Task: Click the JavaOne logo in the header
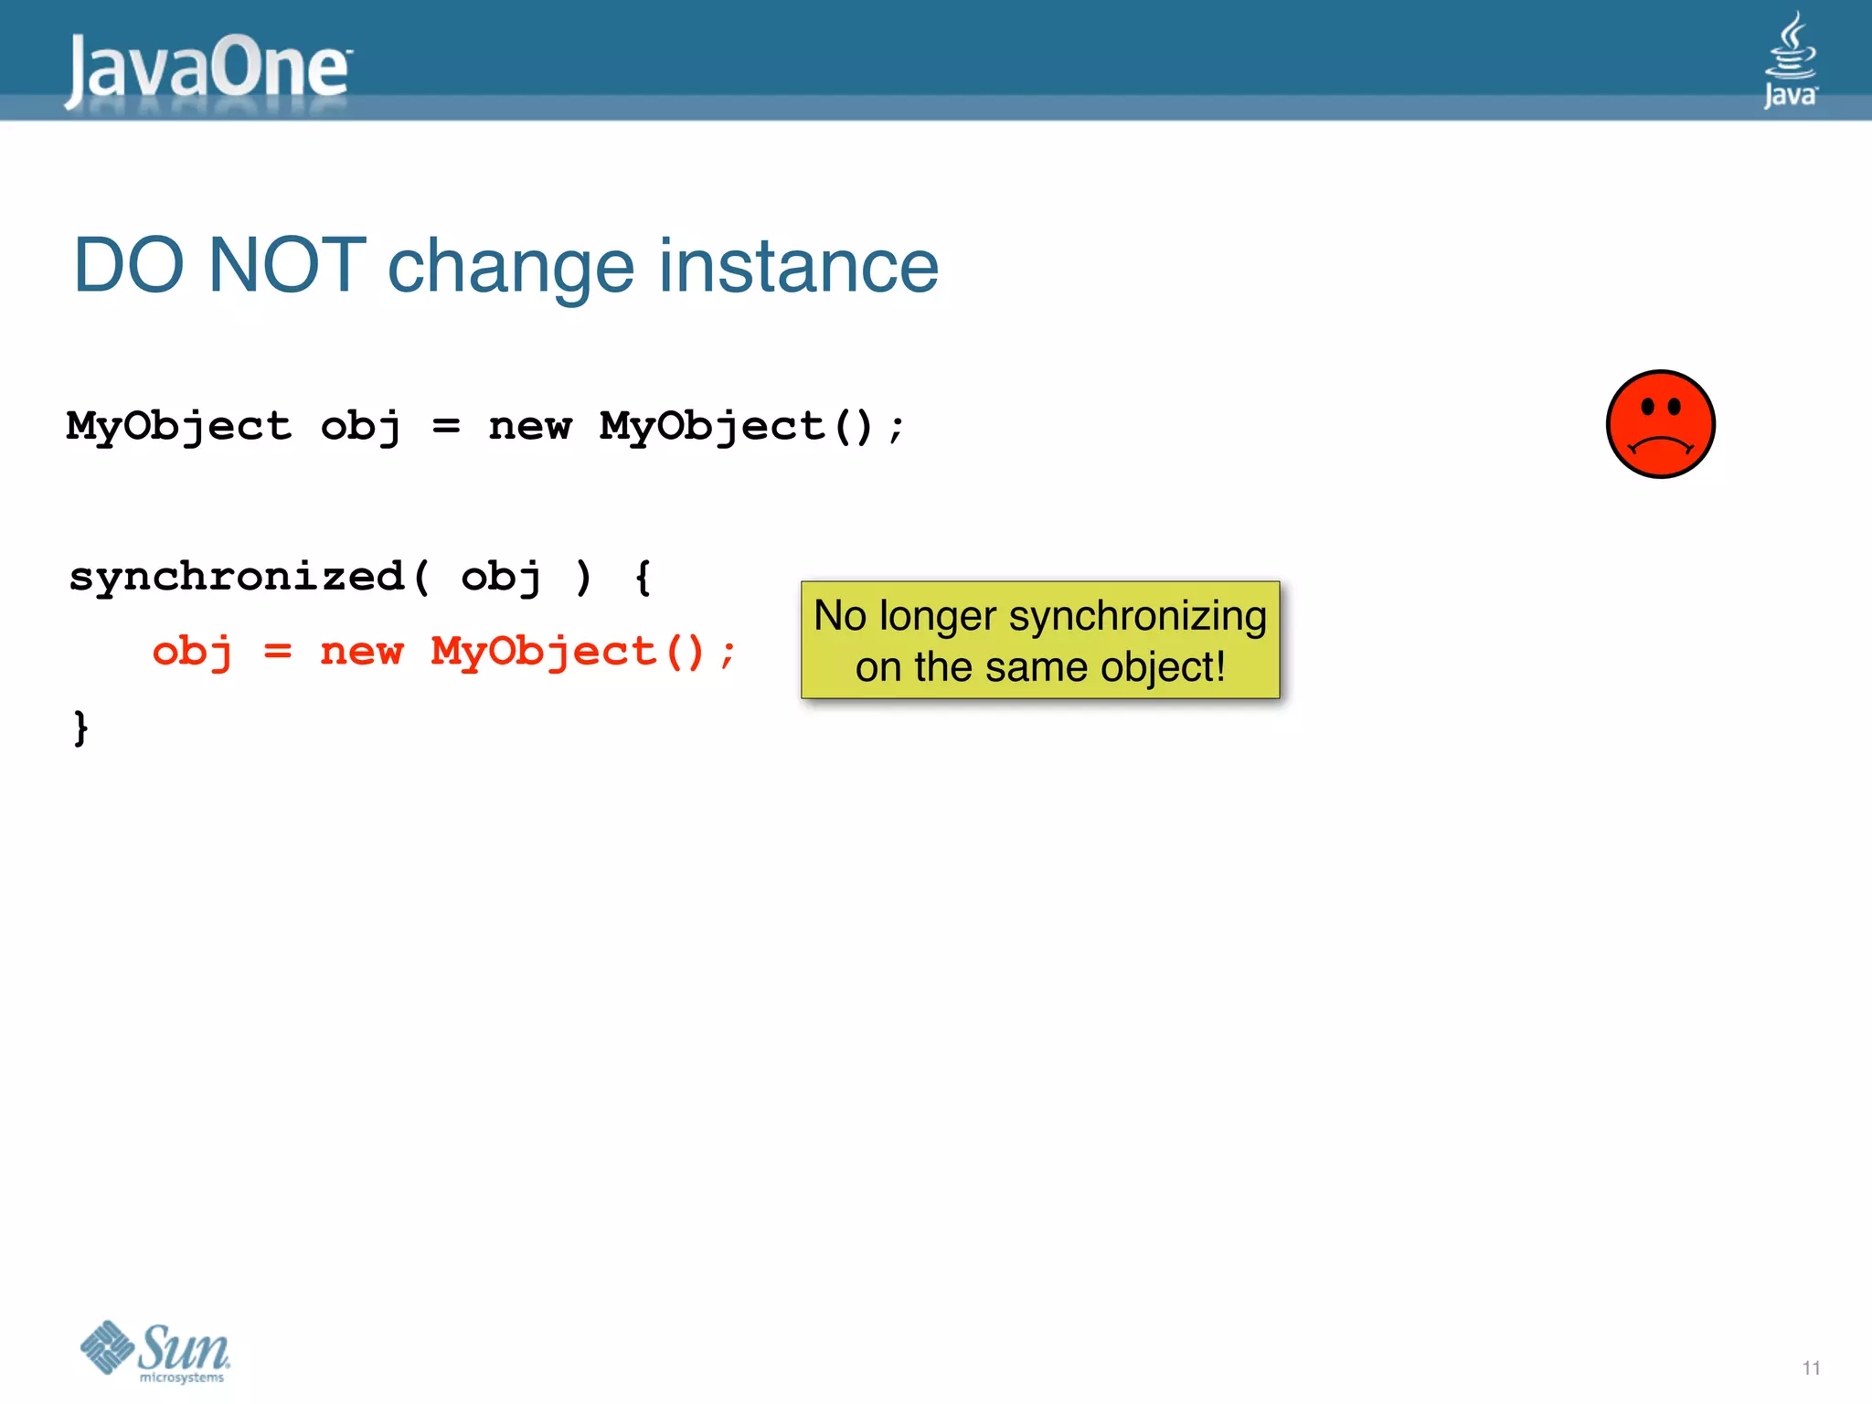pos(208,69)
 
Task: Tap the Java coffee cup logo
pos(1790,58)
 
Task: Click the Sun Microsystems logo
pos(155,1351)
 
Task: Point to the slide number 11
pos(1811,1367)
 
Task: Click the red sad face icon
pos(1660,424)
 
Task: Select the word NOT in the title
pos(287,266)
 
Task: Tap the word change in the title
pos(510,266)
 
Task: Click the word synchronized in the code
pos(236,578)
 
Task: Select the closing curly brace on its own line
pos(80,728)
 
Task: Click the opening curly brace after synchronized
pos(643,578)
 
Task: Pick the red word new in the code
pos(361,652)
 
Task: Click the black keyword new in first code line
pos(529,426)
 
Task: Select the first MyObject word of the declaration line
pos(179,426)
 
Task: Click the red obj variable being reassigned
pos(192,653)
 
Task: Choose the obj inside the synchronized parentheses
pos(501,578)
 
